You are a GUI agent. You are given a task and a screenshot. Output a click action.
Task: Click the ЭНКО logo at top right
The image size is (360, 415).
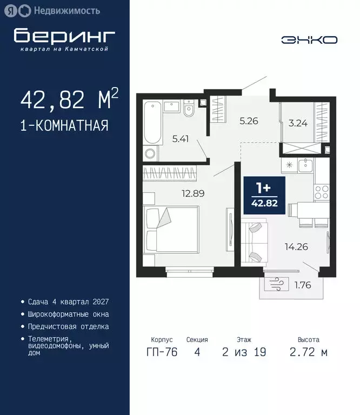pyautogui.click(x=309, y=39)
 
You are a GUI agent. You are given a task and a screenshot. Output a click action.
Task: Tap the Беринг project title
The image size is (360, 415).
pyautogui.click(x=64, y=35)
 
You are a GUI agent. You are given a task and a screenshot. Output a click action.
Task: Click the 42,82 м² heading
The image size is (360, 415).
pyautogui.click(x=69, y=99)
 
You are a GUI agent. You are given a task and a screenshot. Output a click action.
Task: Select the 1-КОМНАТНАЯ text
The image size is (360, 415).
pyautogui.click(x=64, y=126)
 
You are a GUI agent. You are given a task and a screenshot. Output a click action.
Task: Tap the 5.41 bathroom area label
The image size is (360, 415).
pyautogui.click(x=181, y=139)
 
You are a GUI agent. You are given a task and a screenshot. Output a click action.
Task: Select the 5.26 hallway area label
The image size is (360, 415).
pyautogui.click(x=249, y=121)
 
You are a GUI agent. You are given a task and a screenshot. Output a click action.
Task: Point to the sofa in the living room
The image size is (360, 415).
pyautogui.click(x=254, y=239)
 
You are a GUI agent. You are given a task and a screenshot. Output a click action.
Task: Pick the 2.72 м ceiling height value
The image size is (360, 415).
pyautogui.click(x=308, y=353)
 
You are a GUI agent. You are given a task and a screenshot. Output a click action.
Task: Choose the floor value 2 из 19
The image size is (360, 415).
pyautogui.click(x=244, y=353)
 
